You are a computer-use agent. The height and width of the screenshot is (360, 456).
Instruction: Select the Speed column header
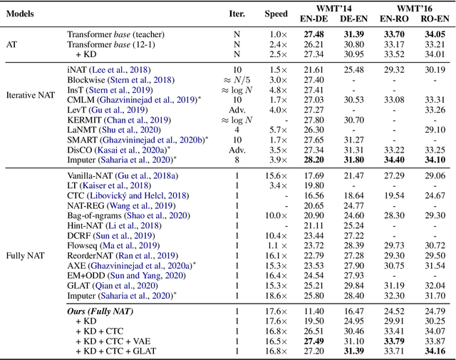(x=276, y=13)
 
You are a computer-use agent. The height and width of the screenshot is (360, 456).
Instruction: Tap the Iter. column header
(x=236, y=13)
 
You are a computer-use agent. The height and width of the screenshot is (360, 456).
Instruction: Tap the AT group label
(x=12, y=43)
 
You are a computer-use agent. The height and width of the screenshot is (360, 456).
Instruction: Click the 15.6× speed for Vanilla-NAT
(x=276, y=175)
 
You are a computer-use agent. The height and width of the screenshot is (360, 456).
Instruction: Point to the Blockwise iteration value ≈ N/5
(x=236, y=81)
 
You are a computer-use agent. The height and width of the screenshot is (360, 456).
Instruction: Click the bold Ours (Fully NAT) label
(x=104, y=311)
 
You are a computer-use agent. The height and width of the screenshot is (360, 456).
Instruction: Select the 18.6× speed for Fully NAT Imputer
(x=276, y=294)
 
